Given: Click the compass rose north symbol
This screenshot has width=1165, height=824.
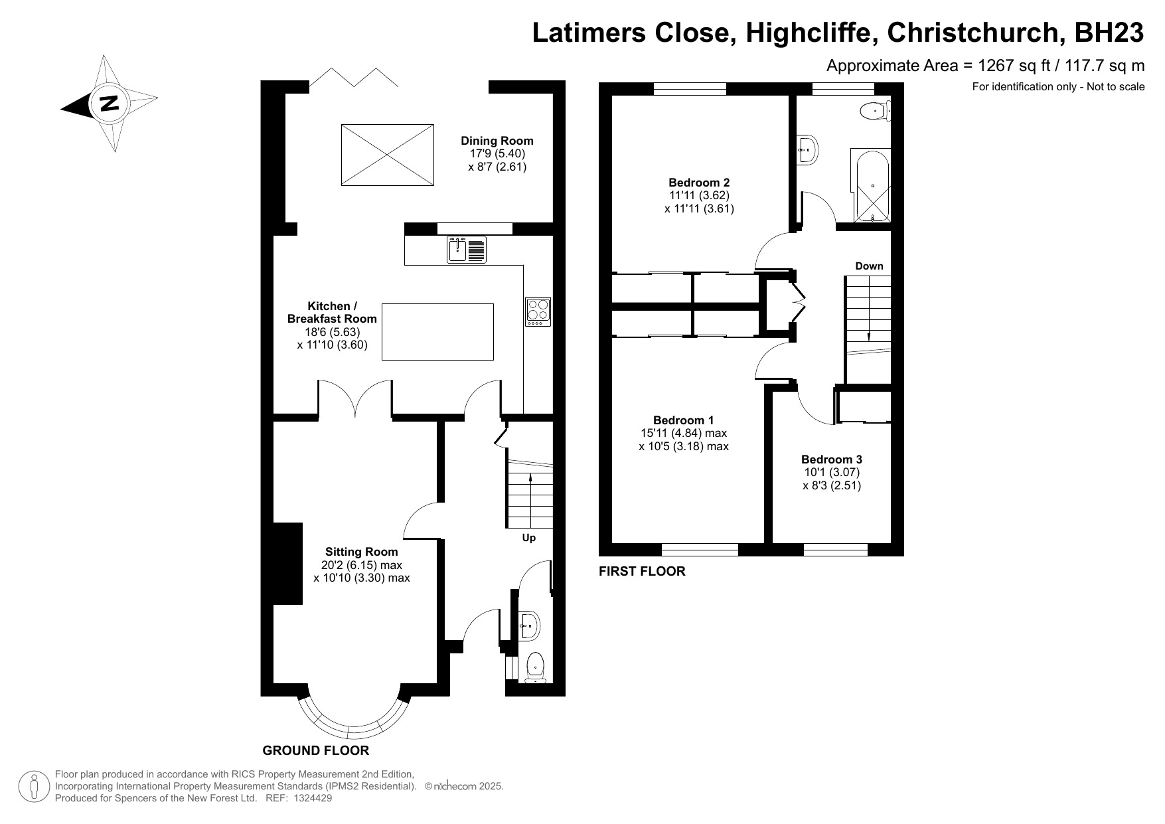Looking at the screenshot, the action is (109, 104).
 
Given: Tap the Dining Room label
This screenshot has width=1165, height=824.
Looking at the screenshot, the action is (497, 141).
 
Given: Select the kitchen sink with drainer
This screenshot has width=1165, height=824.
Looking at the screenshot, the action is (467, 250).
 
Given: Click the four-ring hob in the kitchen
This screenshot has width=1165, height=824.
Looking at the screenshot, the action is (538, 311).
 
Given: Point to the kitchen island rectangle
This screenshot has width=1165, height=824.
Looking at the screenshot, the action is (437, 331).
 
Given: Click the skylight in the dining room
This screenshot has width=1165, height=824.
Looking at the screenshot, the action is (387, 154).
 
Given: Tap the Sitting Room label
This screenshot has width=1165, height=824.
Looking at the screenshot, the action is (362, 552).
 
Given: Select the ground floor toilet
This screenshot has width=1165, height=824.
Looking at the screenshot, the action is (535, 667).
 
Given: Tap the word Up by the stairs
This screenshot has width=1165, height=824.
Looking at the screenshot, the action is (528, 538).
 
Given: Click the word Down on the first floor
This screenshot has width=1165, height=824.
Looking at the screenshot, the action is (869, 266).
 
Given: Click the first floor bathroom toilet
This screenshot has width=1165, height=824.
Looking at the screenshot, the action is (874, 111).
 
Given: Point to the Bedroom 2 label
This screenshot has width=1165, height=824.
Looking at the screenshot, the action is (699, 183).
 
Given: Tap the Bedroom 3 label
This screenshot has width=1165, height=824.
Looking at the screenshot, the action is (832, 459).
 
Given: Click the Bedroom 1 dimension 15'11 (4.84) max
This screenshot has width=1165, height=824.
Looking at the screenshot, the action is (684, 434).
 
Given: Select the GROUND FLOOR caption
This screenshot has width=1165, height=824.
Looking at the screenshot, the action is (316, 751).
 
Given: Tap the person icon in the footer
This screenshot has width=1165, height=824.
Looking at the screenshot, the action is (34, 786).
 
